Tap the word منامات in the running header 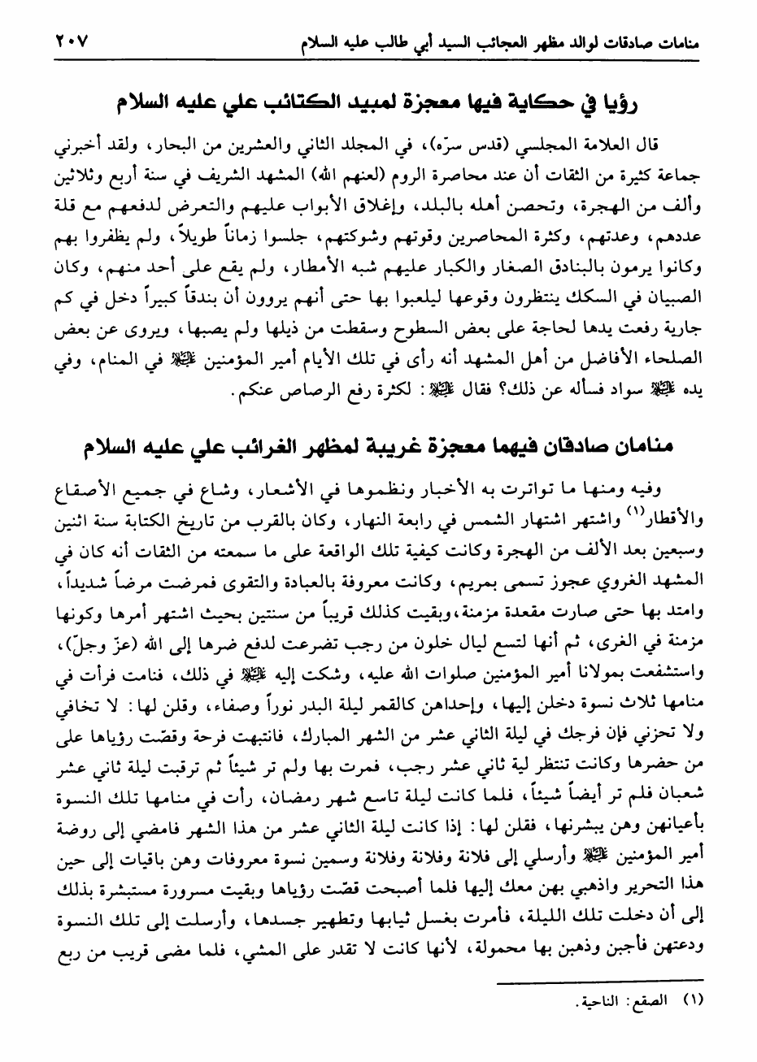tap(674, 41)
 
